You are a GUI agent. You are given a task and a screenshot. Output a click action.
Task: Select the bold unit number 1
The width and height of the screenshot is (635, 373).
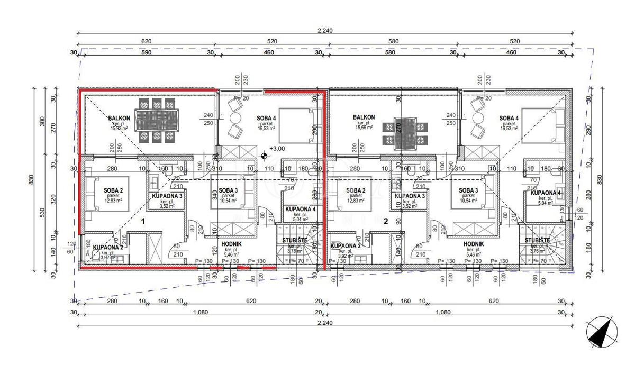click(x=143, y=222)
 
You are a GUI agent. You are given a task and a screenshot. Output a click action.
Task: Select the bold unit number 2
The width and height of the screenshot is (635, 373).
click(x=386, y=222)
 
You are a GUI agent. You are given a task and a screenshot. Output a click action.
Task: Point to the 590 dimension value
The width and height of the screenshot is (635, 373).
click(x=146, y=53)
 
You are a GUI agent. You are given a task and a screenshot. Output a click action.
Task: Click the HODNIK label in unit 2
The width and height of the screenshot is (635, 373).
click(x=474, y=243)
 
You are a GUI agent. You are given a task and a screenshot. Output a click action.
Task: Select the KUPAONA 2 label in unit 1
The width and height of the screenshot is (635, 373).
click(x=108, y=247)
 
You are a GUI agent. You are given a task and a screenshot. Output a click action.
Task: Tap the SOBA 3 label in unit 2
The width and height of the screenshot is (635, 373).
click(x=469, y=190)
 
